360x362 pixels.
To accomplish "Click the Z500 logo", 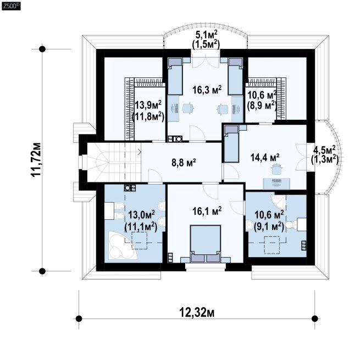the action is (11, 6).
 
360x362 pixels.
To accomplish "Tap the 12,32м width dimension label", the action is (197, 313).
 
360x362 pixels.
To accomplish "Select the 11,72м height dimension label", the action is (36, 160).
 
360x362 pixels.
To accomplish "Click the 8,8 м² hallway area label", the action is (184, 163).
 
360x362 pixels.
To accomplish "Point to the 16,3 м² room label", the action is (207, 90).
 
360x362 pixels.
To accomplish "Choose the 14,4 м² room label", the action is (265, 158).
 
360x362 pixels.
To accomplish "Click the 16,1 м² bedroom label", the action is (207, 211).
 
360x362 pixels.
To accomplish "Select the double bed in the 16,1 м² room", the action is (206, 243).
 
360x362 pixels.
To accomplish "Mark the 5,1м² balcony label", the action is (206, 35).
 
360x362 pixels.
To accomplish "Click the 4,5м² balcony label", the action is (324, 151).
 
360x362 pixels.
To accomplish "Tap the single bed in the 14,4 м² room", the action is (231, 143).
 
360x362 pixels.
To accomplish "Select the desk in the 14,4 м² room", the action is (276, 183).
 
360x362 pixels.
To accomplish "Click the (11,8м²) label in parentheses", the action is (148, 117).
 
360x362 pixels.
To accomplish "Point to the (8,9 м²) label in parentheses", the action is (262, 105).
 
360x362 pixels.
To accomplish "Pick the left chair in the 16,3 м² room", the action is (187, 108).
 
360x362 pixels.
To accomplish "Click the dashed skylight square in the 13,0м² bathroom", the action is (140, 241).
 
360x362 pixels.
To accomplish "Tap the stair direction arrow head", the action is (140, 152).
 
